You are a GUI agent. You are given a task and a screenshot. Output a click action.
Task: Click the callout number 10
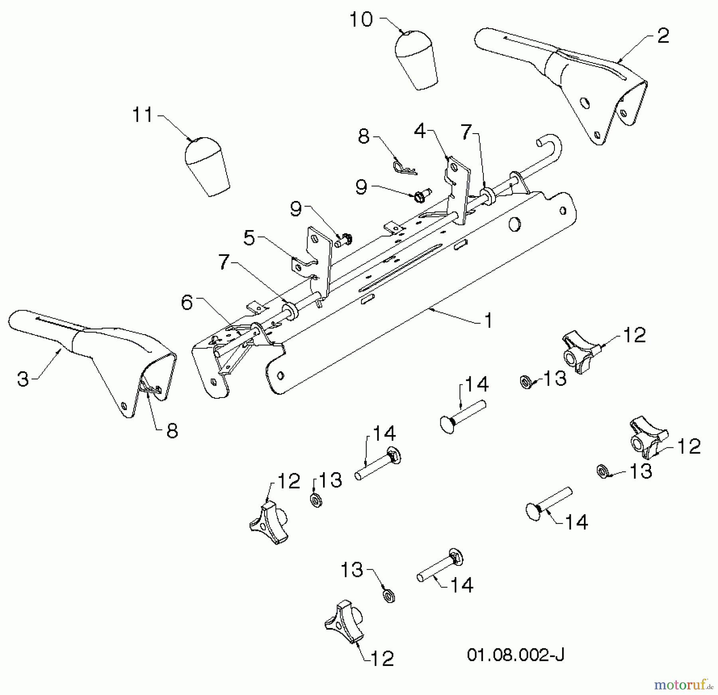point(361,20)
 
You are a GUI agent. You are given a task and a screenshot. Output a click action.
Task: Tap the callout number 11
point(142,115)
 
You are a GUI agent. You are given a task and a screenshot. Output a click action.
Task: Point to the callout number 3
point(23,378)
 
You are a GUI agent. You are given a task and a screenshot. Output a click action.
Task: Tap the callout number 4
point(420,130)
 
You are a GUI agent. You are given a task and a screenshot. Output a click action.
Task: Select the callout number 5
point(249,238)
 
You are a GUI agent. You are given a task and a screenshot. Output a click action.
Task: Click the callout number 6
point(187,303)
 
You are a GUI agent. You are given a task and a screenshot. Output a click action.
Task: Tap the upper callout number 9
point(361,187)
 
